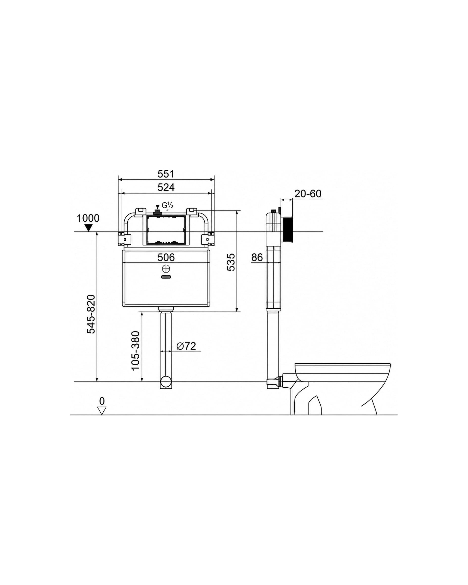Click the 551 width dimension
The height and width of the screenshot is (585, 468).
click(x=166, y=174)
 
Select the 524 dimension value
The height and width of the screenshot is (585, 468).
click(x=166, y=187)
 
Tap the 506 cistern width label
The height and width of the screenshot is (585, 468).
click(x=166, y=257)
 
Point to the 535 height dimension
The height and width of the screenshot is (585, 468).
click(x=231, y=262)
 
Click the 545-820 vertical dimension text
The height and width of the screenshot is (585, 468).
click(x=91, y=314)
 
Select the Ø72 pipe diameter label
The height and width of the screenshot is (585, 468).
click(x=186, y=346)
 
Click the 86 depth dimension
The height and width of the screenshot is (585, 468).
click(x=257, y=257)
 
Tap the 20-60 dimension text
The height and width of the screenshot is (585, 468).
click(x=308, y=194)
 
